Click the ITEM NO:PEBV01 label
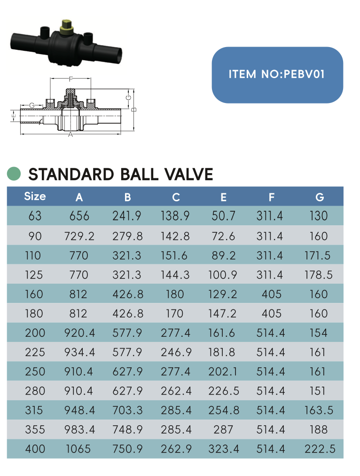277,74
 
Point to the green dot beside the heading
14,174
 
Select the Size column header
35,196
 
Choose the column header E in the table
223,197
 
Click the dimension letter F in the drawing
70,79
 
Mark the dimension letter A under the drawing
70,135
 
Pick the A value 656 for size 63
79,216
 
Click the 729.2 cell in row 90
79,236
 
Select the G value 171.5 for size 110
318,255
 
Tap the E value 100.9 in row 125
223,275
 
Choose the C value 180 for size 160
175,294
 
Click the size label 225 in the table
35,352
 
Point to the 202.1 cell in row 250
223,372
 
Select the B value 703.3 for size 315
127,410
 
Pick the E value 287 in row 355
223,429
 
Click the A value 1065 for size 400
78,449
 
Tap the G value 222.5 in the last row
320,449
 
